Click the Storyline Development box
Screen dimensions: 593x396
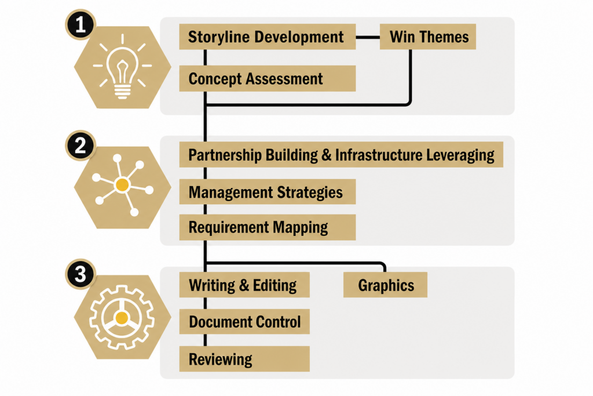268,37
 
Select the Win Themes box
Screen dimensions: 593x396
428,37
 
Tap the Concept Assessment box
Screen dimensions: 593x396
268,78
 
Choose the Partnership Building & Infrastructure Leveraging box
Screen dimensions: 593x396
341,154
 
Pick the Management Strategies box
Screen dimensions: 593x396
268,191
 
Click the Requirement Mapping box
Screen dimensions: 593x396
268,227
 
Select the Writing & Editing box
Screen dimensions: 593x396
244,285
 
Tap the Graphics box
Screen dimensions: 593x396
385,285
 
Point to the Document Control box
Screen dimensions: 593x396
244,321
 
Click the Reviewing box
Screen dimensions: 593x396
244,358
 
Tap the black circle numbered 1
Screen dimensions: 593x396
80,24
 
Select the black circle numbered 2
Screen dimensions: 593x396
80,146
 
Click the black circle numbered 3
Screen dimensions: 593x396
80,274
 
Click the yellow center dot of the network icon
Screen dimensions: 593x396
122,185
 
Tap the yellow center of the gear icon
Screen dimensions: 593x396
122,317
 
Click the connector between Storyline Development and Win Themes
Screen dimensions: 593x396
368,37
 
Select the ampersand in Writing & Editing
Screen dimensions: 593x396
244,285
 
